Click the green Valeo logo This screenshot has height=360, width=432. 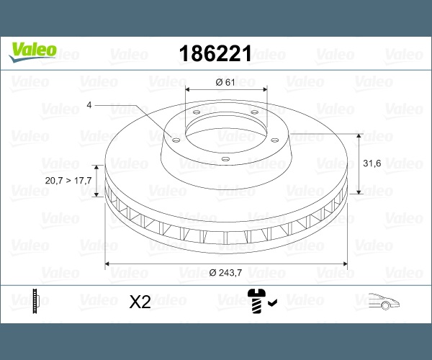[33, 52]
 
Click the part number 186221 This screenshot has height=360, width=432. [215, 53]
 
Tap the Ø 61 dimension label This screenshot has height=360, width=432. [225, 82]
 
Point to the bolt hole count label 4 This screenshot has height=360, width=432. [89, 105]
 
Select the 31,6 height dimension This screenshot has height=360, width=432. [372, 163]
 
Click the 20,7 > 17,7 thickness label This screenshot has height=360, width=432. [68, 181]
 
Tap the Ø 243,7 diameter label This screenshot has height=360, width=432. [225, 273]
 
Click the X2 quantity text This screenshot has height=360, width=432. [140, 302]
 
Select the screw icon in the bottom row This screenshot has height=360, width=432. [256, 301]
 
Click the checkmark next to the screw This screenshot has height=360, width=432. [272, 302]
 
